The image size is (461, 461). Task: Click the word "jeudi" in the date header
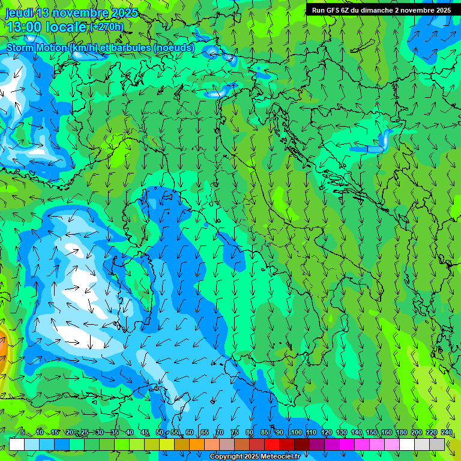pos(19,13)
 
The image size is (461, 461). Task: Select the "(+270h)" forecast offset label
pos(107,26)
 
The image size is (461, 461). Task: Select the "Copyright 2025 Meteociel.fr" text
pos(255,457)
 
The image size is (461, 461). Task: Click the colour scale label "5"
pos(23,432)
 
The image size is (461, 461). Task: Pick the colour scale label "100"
pos(297,432)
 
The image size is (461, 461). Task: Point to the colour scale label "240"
pos(447,432)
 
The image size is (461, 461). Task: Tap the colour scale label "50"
pos(160,432)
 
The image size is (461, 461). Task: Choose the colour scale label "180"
pos(400,432)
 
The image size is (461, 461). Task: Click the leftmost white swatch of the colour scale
pos(17,444)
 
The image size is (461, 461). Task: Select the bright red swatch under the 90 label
pos(272,444)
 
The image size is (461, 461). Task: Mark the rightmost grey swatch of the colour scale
pos(437,444)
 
